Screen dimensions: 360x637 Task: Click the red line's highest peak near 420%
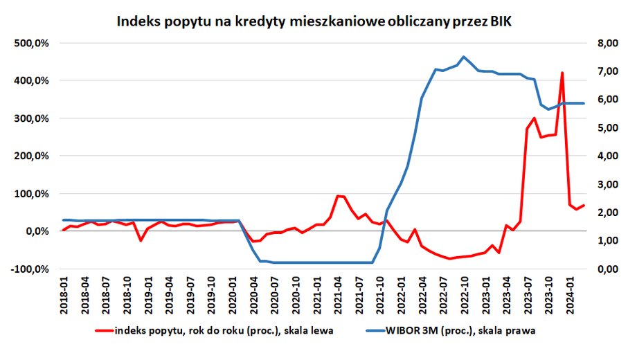pos(562,73)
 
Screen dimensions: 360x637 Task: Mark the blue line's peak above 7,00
pos(463,57)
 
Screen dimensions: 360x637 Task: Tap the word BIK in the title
pos(501,22)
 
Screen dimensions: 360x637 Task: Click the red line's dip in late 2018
pos(141,240)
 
